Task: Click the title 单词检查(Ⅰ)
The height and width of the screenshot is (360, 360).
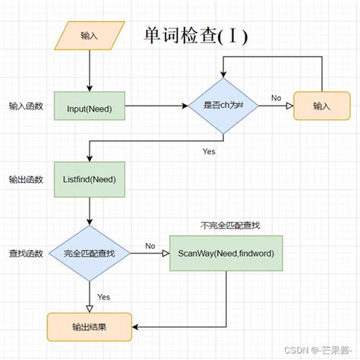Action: (x=195, y=36)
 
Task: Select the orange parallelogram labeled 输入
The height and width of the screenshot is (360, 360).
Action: (x=90, y=34)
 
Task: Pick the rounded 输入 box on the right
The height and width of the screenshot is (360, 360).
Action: (x=322, y=106)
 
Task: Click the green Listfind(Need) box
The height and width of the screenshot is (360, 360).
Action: (x=90, y=179)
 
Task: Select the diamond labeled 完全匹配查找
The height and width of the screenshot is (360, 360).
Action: (x=90, y=252)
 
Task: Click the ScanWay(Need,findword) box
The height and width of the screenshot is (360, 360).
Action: (x=226, y=252)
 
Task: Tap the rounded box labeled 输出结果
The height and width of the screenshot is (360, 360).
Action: (x=90, y=327)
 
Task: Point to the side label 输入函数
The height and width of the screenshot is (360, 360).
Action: (x=26, y=106)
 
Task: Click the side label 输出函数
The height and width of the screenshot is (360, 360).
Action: (x=26, y=179)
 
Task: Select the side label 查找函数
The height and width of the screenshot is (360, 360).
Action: (x=26, y=252)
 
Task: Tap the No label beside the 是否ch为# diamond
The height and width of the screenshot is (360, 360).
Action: (x=276, y=99)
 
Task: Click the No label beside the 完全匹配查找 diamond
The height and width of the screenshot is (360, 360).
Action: (x=150, y=245)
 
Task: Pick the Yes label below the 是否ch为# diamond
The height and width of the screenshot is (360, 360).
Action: (x=210, y=151)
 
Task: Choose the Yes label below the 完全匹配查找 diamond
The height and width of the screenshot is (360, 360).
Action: (x=104, y=296)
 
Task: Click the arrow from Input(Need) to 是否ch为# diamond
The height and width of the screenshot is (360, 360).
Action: (x=156, y=106)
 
